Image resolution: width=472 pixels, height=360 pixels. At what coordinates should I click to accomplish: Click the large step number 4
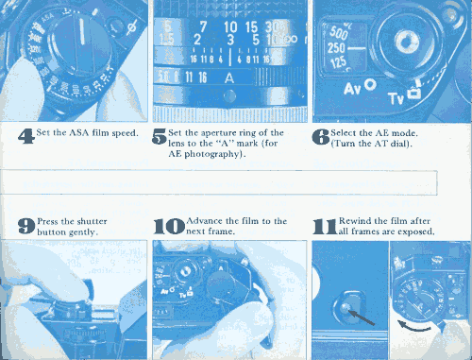pyautogui.click(x=26, y=137)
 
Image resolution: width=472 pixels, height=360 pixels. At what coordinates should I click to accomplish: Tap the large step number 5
pyautogui.click(x=159, y=137)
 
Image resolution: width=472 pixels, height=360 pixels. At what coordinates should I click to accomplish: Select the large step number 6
pyautogui.click(x=321, y=137)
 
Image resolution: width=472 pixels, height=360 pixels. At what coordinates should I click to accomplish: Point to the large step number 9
pyautogui.click(x=26, y=226)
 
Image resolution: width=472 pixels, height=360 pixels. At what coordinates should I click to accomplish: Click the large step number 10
pyautogui.click(x=169, y=227)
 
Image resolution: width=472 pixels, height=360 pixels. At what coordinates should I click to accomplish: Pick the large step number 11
pyautogui.click(x=325, y=227)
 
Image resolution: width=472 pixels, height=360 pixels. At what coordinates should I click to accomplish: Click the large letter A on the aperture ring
pyautogui.click(x=229, y=77)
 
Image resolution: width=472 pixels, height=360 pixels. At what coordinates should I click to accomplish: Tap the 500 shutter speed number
pyautogui.click(x=339, y=32)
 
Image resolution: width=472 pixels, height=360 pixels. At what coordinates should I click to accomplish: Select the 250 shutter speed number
pyautogui.click(x=336, y=48)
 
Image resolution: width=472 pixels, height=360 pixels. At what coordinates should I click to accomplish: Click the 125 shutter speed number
pyautogui.click(x=338, y=61)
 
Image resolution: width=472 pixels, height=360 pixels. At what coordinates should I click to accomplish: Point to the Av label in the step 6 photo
pyautogui.click(x=352, y=89)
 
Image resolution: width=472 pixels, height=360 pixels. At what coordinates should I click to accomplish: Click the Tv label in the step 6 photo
pyautogui.click(x=396, y=98)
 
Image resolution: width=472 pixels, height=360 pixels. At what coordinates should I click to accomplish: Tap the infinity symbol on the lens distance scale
pyautogui.click(x=291, y=39)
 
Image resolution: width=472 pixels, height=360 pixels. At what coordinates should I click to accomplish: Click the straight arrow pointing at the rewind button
pyautogui.click(x=362, y=317)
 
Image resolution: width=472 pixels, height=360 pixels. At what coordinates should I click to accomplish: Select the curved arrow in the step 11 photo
pyautogui.click(x=413, y=327)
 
